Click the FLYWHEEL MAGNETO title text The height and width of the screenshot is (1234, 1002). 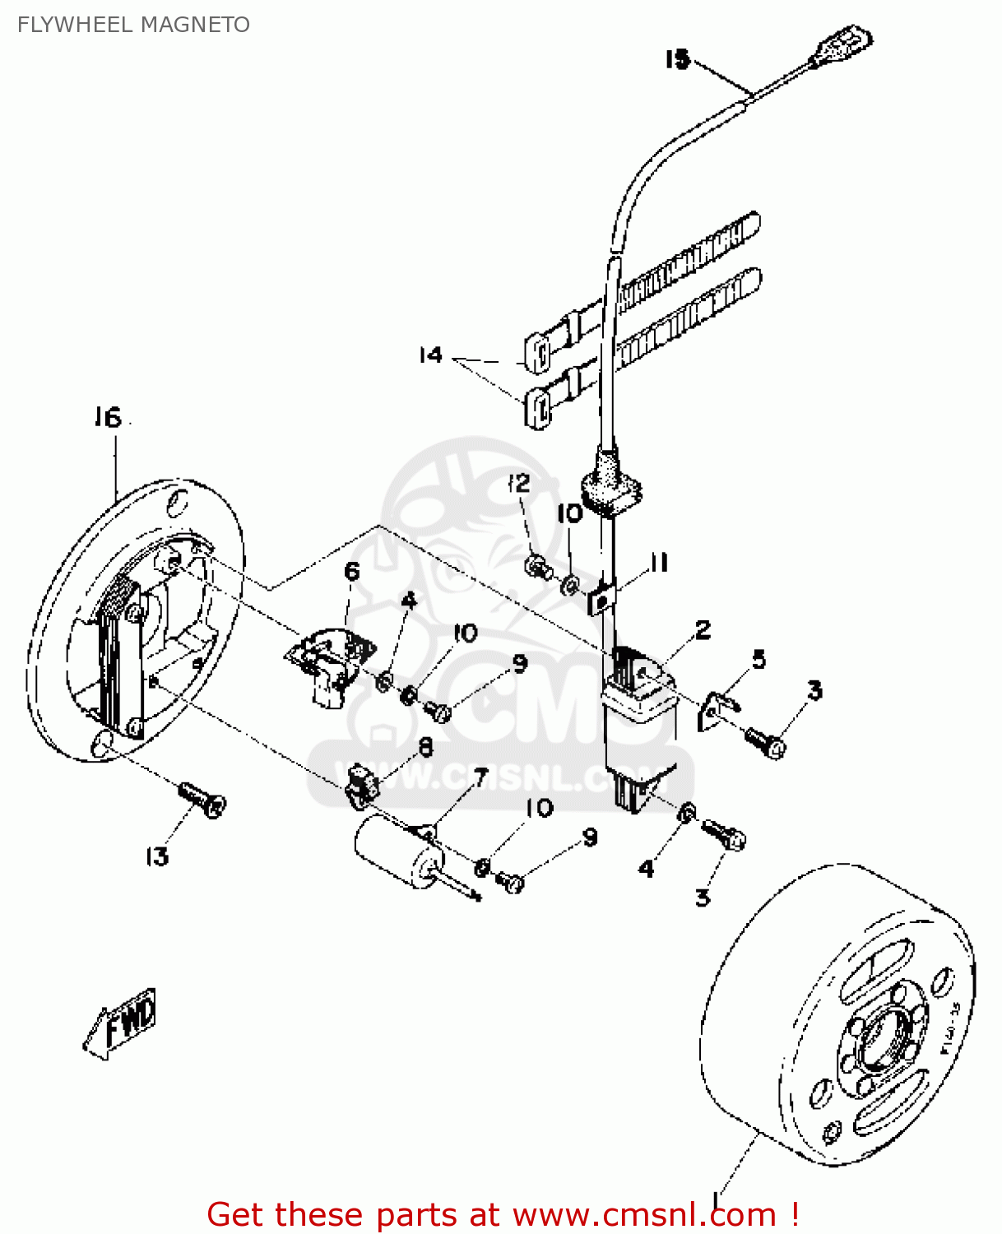tap(133, 25)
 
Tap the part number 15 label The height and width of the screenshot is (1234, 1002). tap(677, 59)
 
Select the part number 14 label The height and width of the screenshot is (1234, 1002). tap(430, 355)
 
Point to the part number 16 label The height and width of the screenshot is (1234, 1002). tap(107, 418)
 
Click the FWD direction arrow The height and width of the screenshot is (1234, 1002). tap(121, 1023)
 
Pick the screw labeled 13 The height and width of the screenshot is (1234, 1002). tap(202, 799)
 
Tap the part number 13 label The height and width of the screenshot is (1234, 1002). tap(156, 857)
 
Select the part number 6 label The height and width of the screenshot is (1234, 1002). tap(352, 571)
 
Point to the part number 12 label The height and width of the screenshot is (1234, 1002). tap(519, 483)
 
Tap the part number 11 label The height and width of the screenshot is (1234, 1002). tap(658, 563)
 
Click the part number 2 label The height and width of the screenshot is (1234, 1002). tap(703, 630)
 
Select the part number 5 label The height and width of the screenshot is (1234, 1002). tap(758, 658)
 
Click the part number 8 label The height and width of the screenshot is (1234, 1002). tap(425, 746)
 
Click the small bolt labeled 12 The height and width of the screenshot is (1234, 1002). tap(536, 566)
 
